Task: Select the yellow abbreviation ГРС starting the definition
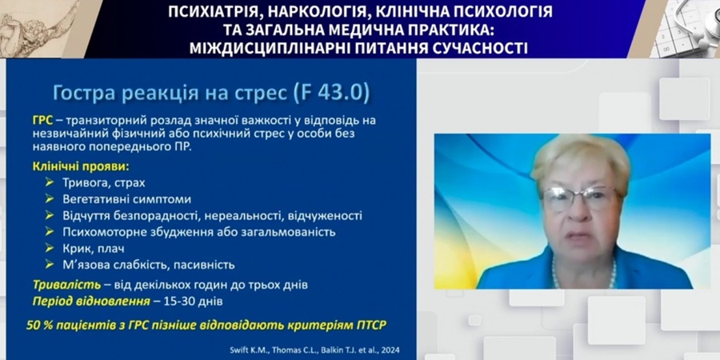[42, 121]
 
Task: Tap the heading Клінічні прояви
[80, 166]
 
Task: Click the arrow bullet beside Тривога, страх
[50, 182]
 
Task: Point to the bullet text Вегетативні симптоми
[126, 200]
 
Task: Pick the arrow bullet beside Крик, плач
[50, 248]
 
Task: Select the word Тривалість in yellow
[66, 285]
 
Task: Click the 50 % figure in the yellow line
[37, 325]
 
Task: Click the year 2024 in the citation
[390, 350]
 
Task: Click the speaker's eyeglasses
[581, 198]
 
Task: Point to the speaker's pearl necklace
[583, 274]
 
